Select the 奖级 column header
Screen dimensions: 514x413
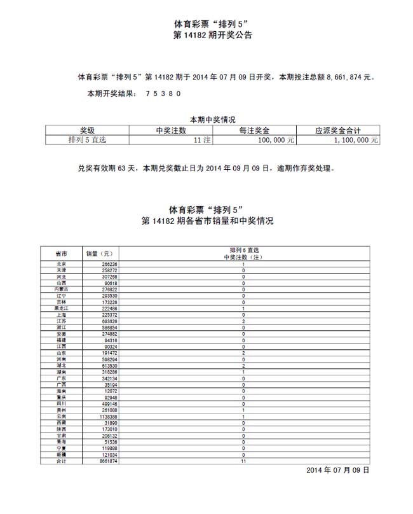(x=87, y=130)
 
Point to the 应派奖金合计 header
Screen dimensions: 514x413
(x=339, y=130)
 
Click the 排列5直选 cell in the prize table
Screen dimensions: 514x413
(x=87, y=139)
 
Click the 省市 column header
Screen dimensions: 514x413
(x=61, y=254)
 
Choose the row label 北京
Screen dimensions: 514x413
(x=61, y=264)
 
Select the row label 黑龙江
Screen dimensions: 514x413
(x=61, y=309)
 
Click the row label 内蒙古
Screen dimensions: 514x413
(x=61, y=289)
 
